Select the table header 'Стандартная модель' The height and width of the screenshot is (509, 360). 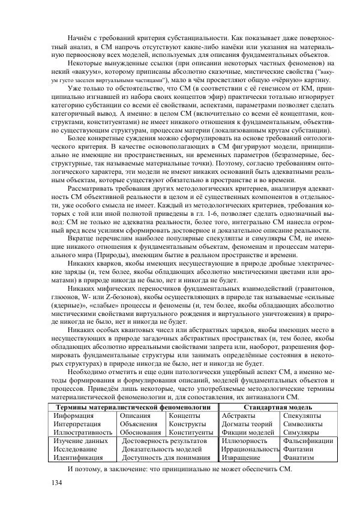click(275, 406)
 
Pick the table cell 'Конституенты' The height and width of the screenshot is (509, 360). click(191, 432)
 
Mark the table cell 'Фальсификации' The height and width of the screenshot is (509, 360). click(305, 440)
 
